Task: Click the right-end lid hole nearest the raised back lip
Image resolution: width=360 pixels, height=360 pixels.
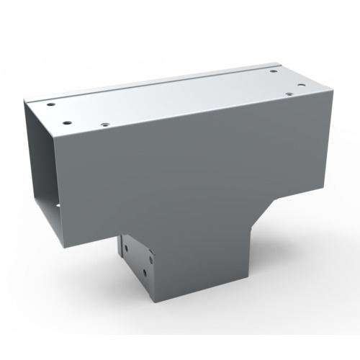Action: point(276,71)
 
